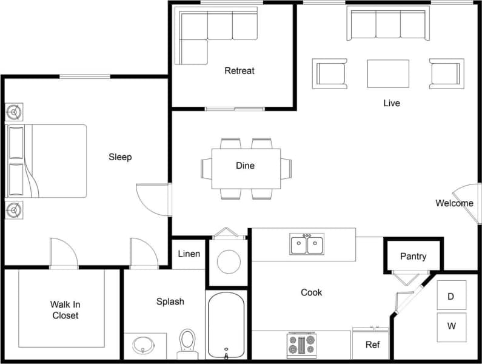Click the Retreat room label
pos(239,70)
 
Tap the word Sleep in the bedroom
pos(120,157)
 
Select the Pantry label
pos(413,256)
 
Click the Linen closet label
pos(189,254)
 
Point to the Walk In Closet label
pos(65,310)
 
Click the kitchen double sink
pos(307,244)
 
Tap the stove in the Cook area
pos(301,345)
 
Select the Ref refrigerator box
pos(371,344)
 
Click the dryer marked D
pos(451,297)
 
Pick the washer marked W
pos(451,326)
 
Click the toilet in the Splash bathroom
pos(187,343)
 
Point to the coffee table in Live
pos(388,73)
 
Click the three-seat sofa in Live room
pos(388,24)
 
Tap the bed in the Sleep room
pos(47,161)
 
